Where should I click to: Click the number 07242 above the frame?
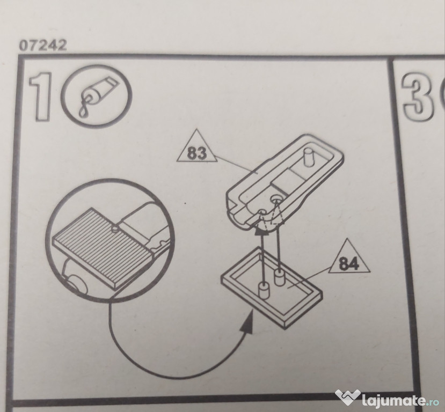(x=43, y=46)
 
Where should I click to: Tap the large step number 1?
(x=41, y=97)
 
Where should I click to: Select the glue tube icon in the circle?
(x=97, y=97)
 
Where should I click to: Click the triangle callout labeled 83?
(x=197, y=148)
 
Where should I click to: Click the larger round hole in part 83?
(x=276, y=198)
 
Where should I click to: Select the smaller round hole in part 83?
(x=261, y=211)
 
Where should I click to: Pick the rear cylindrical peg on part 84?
(x=280, y=277)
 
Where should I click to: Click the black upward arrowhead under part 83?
(x=261, y=232)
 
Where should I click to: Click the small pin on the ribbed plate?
(x=115, y=229)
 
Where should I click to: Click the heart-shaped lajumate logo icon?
(x=348, y=397)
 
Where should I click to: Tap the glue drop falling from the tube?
(x=82, y=113)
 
